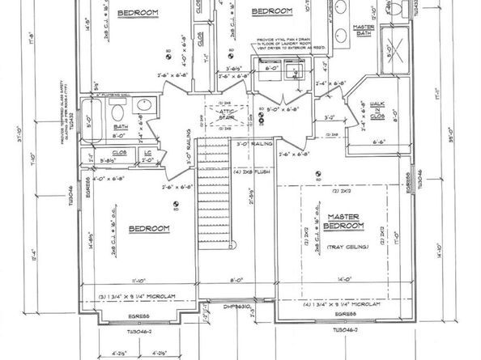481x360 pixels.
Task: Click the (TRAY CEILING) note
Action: click(348, 246)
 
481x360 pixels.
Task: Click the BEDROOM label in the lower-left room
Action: click(149, 228)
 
